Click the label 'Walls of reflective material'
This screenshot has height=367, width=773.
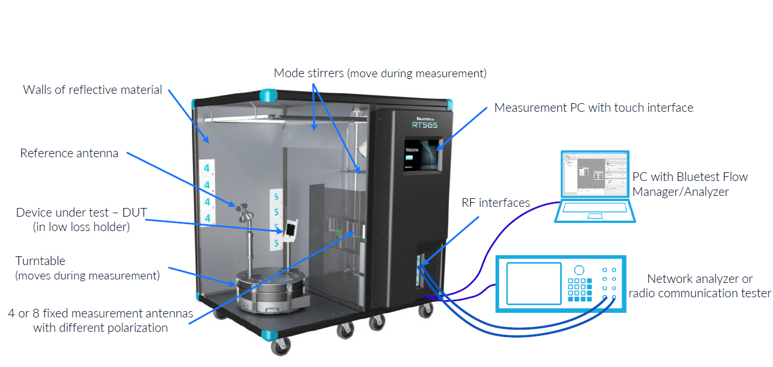pos(92,90)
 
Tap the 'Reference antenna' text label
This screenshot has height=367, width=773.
pos(69,153)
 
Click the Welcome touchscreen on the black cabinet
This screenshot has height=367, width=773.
pos(422,154)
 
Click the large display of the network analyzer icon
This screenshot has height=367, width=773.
pos(534,283)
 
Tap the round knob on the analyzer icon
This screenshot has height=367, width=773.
pos(579,270)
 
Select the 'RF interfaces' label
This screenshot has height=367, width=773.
pos(496,202)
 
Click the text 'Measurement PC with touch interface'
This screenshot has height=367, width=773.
pos(594,108)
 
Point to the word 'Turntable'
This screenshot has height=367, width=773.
pos(40,261)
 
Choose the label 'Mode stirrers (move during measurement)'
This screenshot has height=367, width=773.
pos(380,73)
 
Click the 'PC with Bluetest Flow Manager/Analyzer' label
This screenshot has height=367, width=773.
pos(690,184)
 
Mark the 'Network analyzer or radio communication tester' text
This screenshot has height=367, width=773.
pos(699,286)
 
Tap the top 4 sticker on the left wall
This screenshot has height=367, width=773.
pos(206,169)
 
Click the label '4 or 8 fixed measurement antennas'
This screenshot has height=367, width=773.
pos(100,313)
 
